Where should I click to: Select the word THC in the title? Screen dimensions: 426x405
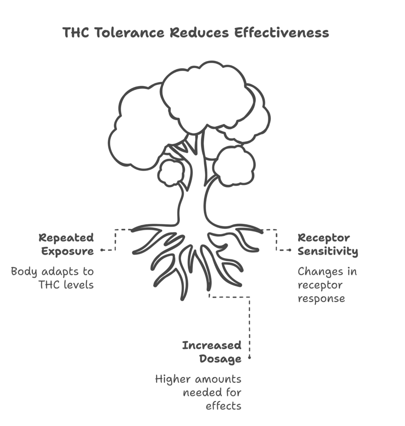point(76,32)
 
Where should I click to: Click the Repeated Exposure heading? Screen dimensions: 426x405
point(66,245)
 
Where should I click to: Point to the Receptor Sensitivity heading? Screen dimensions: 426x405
point(328,245)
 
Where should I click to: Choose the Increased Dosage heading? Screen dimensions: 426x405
point(212,352)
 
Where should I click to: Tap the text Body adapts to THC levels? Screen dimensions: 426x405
point(53,278)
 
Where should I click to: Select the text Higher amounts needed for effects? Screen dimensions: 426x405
point(199,392)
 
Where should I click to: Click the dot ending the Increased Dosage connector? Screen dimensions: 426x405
point(250,357)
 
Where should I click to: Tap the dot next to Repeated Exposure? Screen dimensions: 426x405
point(102,250)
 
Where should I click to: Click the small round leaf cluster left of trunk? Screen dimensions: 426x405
point(171,173)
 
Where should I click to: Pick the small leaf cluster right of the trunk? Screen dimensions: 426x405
point(234,166)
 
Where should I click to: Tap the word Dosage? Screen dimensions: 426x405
point(220,358)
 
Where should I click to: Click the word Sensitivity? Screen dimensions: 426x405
point(328,251)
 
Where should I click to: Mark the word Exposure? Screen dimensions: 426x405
point(67,251)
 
